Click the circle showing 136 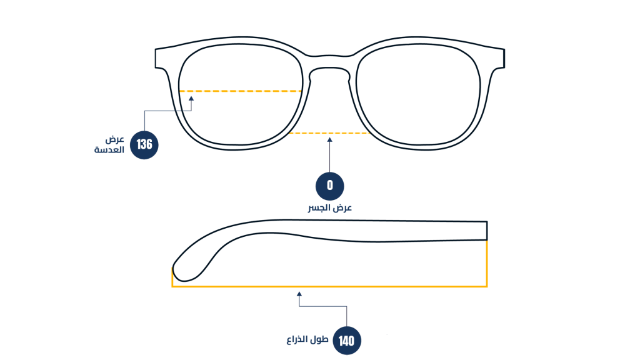pos(144,145)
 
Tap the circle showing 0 pos(330,186)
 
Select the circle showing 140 pos(347,341)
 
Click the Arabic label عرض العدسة pos(109,145)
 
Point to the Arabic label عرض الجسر pos(330,208)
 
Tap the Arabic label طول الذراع pos(307,340)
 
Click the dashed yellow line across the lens pos(241,91)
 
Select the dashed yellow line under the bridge pos(330,133)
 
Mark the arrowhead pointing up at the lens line pos(191,98)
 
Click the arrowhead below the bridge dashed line pos(330,140)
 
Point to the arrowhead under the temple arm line pos(299,294)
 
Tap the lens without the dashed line pos(418,94)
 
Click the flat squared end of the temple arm pos(486,231)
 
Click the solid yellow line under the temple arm pos(329,286)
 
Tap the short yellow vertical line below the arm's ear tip pos(172,277)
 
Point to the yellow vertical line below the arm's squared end pos(487,264)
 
